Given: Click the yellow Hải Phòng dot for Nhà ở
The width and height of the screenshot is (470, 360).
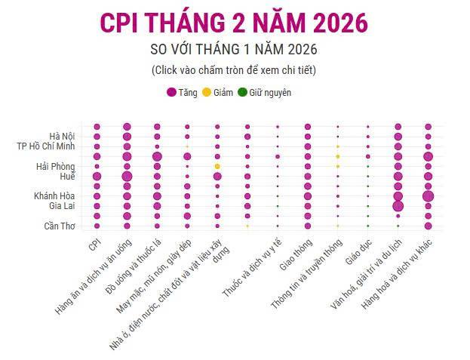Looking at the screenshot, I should click(x=217, y=166).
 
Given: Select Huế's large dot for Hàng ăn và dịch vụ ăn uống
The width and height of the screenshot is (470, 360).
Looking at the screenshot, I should click(x=127, y=176).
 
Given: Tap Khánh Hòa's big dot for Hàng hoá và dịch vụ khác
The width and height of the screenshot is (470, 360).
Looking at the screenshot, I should click(x=428, y=196).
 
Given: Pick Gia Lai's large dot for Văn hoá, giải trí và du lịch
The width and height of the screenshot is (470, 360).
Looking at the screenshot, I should click(x=398, y=206).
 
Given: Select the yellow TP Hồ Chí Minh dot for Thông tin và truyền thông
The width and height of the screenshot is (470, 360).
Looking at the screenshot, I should click(x=338, y=146).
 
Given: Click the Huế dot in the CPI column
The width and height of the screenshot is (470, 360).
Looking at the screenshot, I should click(x=97, y=176).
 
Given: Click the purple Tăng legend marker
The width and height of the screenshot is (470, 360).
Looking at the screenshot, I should click(x=170, y=93).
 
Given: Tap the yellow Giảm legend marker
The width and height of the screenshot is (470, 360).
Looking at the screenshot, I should click(x=207, y=93).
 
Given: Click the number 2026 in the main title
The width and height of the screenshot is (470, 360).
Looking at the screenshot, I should click(x=332, y=23).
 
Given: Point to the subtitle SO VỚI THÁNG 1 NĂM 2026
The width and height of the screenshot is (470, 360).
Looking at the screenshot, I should click(x=234, y=50).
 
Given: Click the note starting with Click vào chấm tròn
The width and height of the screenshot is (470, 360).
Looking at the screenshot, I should click(x=234, y=70).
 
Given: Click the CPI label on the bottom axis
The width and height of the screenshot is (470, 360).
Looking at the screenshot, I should click(x=94, y=246).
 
